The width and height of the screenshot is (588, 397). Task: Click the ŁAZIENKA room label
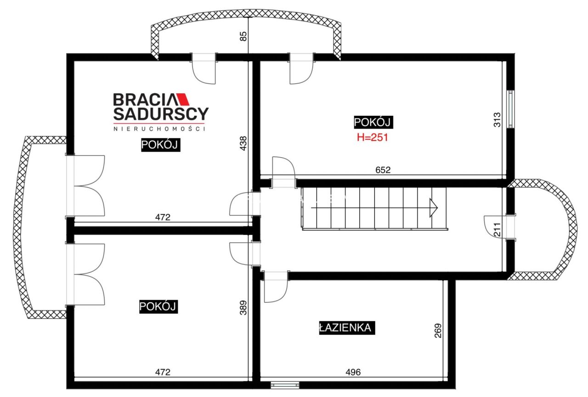point(347,328)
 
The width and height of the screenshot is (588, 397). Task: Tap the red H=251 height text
point(372,137)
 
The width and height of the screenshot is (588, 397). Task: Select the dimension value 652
point(383,170)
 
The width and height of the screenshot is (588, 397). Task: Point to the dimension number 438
point(243,143)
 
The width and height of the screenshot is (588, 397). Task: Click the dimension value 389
point(243,307)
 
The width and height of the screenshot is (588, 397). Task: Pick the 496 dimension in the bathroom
point(353,372)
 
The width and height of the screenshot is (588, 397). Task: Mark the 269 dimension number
point(438,330)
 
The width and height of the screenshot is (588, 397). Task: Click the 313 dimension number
point(497,120)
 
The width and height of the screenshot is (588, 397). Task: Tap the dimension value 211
point(497,229)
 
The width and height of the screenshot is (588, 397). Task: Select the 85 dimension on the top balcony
point(243,36)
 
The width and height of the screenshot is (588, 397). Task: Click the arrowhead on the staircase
point(433,208)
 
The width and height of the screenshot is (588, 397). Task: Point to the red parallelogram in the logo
point(183,99)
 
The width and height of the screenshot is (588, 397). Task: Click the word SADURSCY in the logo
point(161,113)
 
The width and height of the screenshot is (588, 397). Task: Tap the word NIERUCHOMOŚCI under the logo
point(159,129)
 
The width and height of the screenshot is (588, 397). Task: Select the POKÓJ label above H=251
point(373,122)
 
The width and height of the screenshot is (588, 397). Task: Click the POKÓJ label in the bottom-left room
point(158,306)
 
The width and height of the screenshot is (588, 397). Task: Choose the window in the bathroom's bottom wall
point(285,385)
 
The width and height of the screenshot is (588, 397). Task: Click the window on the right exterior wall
point(510,109)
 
